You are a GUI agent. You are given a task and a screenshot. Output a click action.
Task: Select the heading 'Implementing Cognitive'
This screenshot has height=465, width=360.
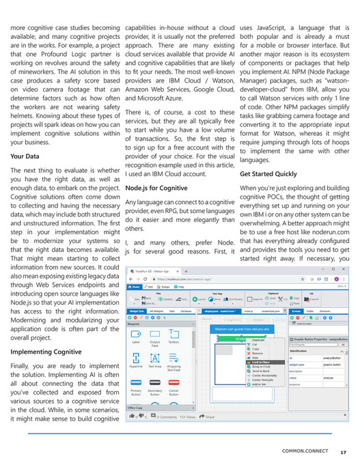click(x=46, y=352)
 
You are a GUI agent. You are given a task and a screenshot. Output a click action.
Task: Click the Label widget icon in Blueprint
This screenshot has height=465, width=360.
click(x=135, y=336)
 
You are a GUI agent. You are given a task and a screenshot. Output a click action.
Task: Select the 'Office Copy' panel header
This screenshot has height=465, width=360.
click(x=137, y=407)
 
